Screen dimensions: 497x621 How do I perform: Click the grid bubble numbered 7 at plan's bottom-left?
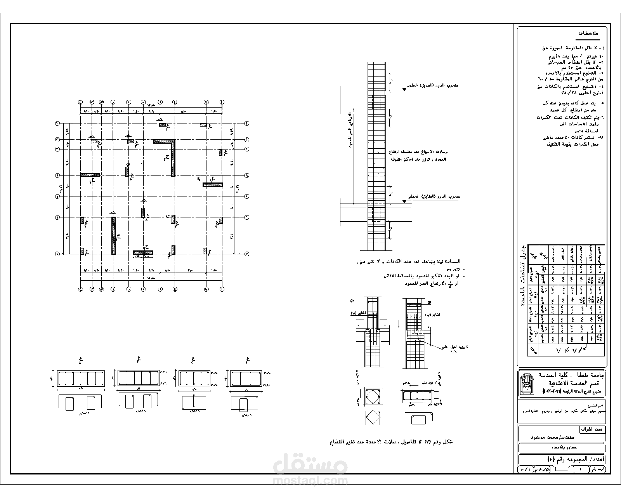tap(57, 254)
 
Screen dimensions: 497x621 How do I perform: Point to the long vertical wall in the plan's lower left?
tap(113, 236)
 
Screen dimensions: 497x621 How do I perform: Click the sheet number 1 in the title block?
tap(580, 469)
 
